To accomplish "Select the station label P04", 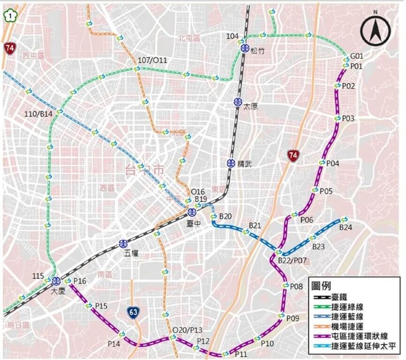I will coord(333,163).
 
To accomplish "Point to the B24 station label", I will coord(345,228).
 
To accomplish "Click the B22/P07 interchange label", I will coord(292,260).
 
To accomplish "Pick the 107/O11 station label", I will coord(152,60).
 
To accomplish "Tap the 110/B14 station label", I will coord(38,115).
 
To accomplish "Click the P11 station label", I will coord(241,353).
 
